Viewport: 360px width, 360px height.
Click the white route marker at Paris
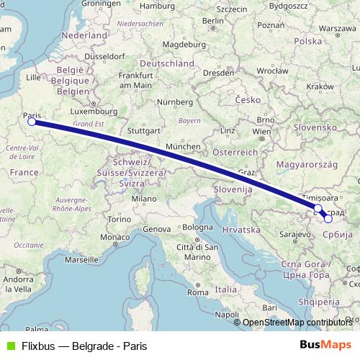point(32,122)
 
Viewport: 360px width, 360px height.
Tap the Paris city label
point(32,114)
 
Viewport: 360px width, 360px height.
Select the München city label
point(182,146)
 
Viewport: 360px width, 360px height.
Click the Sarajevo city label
point(295,235)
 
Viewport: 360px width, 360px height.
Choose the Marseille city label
point(81,258)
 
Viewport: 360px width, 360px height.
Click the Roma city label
point(197,292)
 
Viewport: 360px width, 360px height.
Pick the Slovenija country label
point(232,188)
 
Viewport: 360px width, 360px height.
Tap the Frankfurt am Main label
point(137,80)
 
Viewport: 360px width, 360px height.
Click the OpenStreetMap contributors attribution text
point(297,323)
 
